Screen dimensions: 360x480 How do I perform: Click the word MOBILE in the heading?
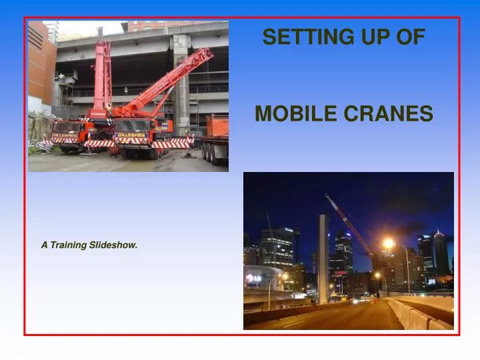coord(291,115)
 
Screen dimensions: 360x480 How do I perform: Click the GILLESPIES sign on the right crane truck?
coord(131,135)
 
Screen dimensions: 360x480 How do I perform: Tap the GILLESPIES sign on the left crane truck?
coord(65,133)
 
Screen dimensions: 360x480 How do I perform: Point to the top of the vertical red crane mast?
coord(101,31)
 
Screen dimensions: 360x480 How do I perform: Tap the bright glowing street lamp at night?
coord(388,244)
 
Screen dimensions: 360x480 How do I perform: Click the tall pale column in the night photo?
coord(323,257)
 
